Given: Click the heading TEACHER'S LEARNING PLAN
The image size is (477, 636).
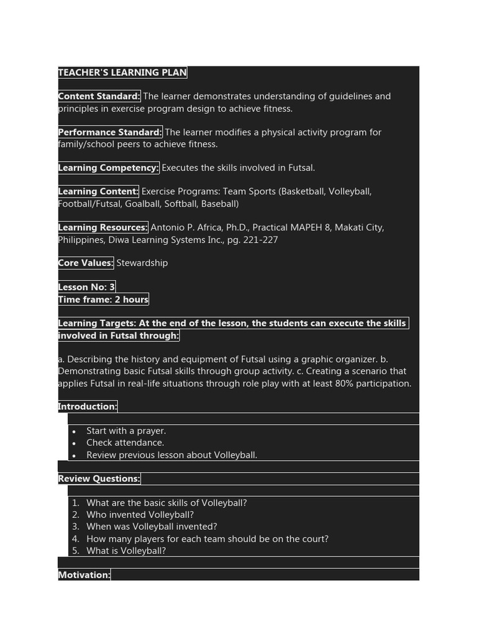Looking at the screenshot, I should pos(122,73).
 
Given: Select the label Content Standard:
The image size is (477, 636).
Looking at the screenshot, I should pos(99,96).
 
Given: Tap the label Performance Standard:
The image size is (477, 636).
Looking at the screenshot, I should pos(110,132).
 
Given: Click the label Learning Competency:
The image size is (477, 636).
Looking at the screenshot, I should pos(109,168).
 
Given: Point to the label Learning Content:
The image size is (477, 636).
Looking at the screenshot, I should pos(98,191).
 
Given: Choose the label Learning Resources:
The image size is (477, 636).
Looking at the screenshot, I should pos(103,227).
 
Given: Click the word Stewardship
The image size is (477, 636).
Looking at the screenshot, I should pos(142,263).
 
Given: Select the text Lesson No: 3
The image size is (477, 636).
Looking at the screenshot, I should pos(86,287).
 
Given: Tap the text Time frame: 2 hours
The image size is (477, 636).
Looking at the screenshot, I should pos(103,299).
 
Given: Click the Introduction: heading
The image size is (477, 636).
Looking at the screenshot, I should pos(88,407).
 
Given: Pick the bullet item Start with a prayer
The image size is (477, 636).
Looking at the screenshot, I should pos(126,430).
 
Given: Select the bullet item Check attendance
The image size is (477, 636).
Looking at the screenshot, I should pos(125,443).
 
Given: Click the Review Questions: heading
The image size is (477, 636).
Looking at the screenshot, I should pos(99,479).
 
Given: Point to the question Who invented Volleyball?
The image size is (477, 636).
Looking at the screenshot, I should pos(140,515).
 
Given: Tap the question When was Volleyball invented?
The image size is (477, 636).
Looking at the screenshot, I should pos(152,527).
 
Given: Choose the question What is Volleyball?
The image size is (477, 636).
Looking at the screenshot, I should pos(126,551).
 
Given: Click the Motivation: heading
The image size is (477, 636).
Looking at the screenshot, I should pos(84,575).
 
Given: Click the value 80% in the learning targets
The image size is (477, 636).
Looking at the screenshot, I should pos(345,383).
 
